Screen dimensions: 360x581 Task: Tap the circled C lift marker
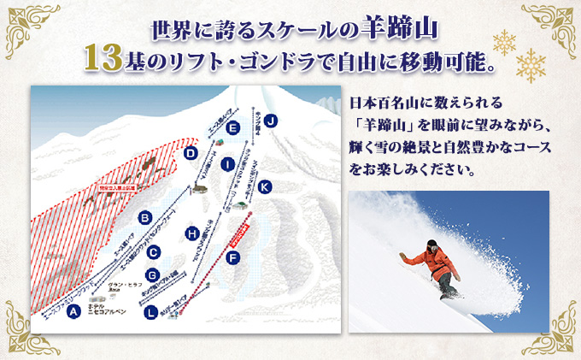point(153,251)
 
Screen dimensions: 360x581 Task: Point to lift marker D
point(192,154)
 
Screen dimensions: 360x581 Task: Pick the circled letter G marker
point(153,275)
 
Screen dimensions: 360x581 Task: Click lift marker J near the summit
point(271,120)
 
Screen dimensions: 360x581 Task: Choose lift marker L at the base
point(151,313)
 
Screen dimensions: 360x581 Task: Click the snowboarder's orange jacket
point(425,259)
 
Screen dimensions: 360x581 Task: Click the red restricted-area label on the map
point(114,183)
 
